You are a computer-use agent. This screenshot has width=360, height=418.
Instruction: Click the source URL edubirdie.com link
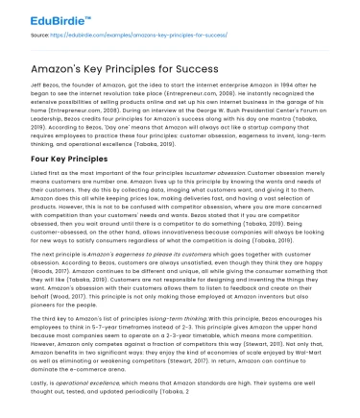click(x=114, y=36)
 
